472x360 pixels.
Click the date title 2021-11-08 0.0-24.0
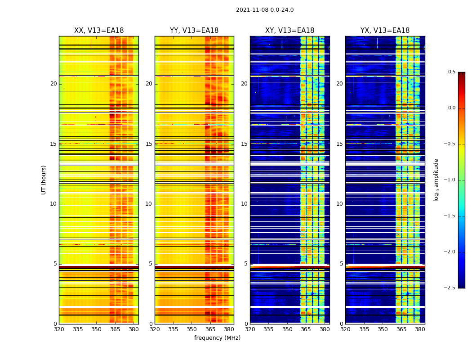pyautogui.click(x=265, y=10)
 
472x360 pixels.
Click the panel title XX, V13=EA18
pyautogui.click(x=99, y=31)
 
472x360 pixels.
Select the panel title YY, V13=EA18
pyautogui.click(x=194, y=31)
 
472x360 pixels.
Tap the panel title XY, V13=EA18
pyautogui.click(x=289, y=31)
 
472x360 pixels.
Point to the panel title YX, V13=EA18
pyautogui.click(x=385, y=31)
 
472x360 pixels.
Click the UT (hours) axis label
pyautogui.click(x=44, y=180)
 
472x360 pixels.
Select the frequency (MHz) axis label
pyautogui.click(x=217, y=338)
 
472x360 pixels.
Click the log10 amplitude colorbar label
pyautogui.click(x=436, y=180)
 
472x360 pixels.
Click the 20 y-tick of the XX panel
pyautogui.click(x=53, y=84)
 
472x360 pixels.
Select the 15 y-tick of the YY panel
pyautogui.click(x=149, y=144)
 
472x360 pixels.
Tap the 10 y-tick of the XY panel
pyautogui.click(x=244, y=204)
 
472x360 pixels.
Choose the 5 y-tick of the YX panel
pyautogui.click(x=341, y=264)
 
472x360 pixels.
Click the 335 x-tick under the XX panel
pyautogui.click(x=78, y=329)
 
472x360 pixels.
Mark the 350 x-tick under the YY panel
pyautogui.click(x=192, y=329)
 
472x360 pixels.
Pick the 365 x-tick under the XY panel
pyautogui.click(x=306, y=329)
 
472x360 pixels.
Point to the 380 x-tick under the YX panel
pyautogui.click(x=420, y=329)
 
